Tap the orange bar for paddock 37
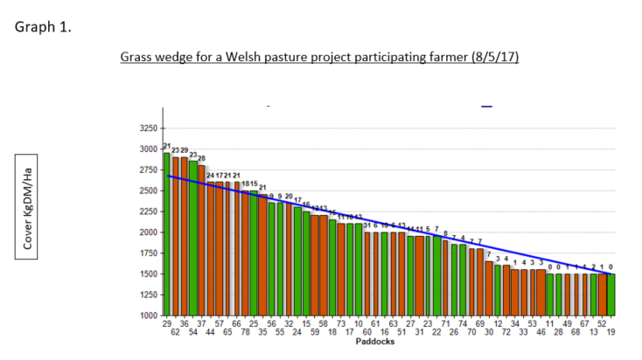pos(201,240)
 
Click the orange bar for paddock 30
pos(489,288)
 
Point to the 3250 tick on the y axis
pos(148,128)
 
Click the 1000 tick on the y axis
pos(148,315)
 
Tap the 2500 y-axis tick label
pos(148,190)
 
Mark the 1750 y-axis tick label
pos(148,253)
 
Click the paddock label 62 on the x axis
pos(175,333)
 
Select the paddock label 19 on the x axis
pos(611,333)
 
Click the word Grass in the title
pos(139,58)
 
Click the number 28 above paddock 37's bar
pos(201,158)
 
